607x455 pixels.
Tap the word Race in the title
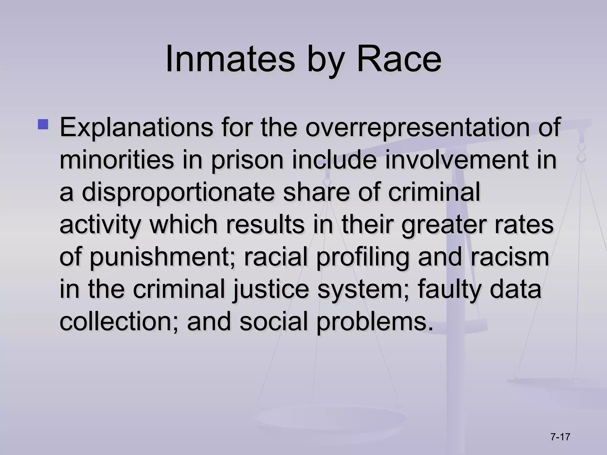point(399,59)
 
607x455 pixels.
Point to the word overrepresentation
point(417,128)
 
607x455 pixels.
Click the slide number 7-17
point(560,437)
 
